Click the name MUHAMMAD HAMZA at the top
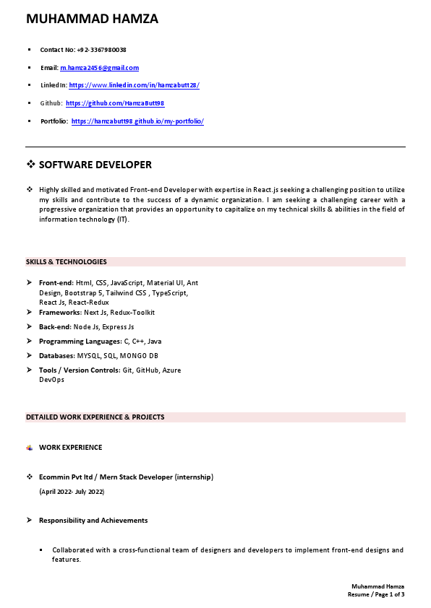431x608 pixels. [x=92, y=19]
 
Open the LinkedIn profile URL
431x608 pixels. [x=134, y=85]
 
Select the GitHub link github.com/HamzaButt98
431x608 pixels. [x=115, y=103]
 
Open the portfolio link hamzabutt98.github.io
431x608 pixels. [x=137, y=121]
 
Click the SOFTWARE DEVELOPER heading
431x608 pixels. [x=95, y=165]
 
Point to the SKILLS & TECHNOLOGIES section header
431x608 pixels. [x=67, y=261]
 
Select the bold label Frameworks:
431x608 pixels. [x=61, y=313]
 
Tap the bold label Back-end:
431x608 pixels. [x=56, y=327]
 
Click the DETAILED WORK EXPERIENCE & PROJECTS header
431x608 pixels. [x=95, y=417]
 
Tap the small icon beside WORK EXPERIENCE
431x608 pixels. [x=30, y=448]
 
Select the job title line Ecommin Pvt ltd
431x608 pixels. [x=126, y=477]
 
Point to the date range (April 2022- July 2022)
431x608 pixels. [x=72, y=492]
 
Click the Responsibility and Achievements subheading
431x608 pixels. [x=93, y=521]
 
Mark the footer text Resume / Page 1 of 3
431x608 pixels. [x=375, y=594]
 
